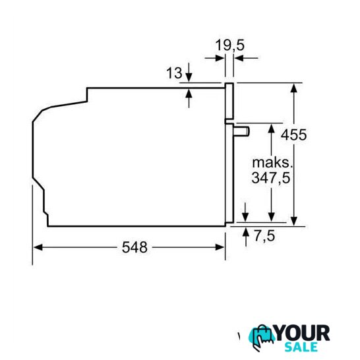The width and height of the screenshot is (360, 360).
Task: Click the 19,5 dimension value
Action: [230, 45]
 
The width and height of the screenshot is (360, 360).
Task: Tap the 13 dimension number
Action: [174, 73]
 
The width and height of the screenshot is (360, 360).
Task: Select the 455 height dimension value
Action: [293, 135]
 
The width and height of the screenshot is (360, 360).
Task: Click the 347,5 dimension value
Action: [271, 178]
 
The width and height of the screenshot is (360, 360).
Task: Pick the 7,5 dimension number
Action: [264, 236]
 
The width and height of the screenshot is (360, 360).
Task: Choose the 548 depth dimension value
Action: [135, 247]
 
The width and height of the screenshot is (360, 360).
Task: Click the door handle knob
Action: [241, 132]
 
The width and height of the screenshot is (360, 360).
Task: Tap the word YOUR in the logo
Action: [303, 333]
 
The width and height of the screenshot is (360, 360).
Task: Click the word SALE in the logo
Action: [301, 347]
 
